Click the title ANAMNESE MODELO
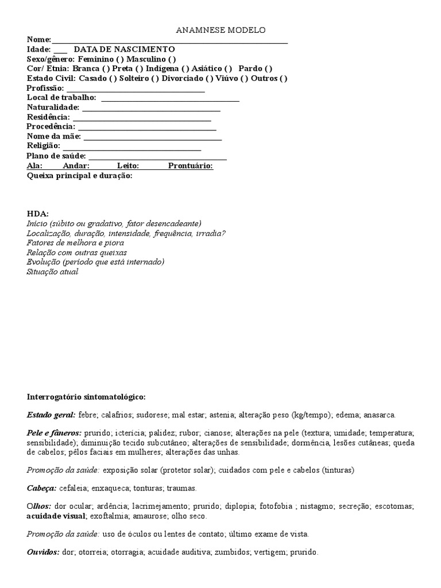click(220, 30)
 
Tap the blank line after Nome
click(169, 40)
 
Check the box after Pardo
click(269, 69)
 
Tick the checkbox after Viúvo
click(245, 79)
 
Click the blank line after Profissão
click(136, 88)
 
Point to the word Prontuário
click(191, 166)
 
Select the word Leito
click(128, 166)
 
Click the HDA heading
click(38, 214)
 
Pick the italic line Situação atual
click(52, 272)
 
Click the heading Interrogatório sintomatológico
click(86, 396)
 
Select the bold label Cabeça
click(41, 488)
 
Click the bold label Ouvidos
click(43, 552)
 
